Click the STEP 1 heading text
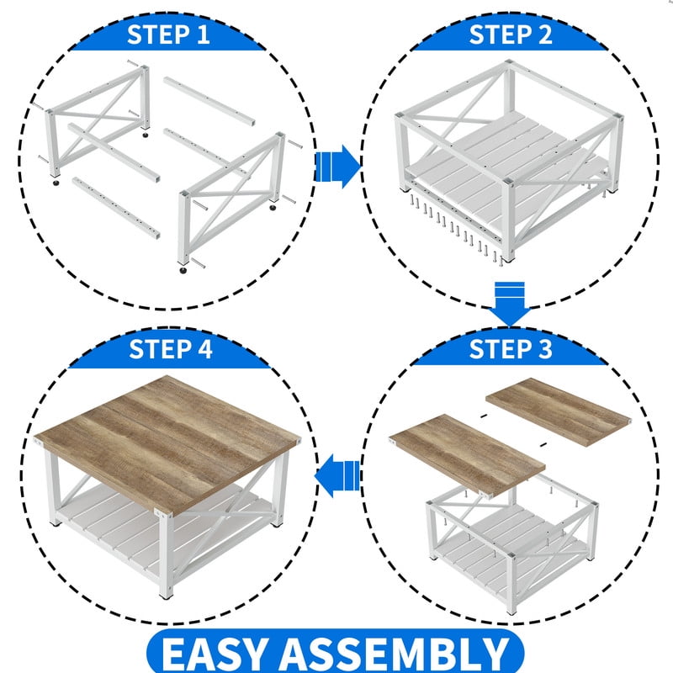tap(168, 34)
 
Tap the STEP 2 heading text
tap(511, 34)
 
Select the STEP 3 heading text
tap(511, 348)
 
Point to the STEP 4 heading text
tap(171, 348)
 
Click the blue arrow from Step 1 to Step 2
tap(338, 166)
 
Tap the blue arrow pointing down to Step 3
tap(510, 304)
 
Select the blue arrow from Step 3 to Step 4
tap(337, 475)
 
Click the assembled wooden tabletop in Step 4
tap(167, 443)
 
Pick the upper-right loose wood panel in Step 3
tap(559, 411)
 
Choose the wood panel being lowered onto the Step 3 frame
tap(467, 455)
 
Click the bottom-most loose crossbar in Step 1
tap(116, 208)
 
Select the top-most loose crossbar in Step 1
tap(209, 101)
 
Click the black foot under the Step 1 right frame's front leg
tap(183, 270)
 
